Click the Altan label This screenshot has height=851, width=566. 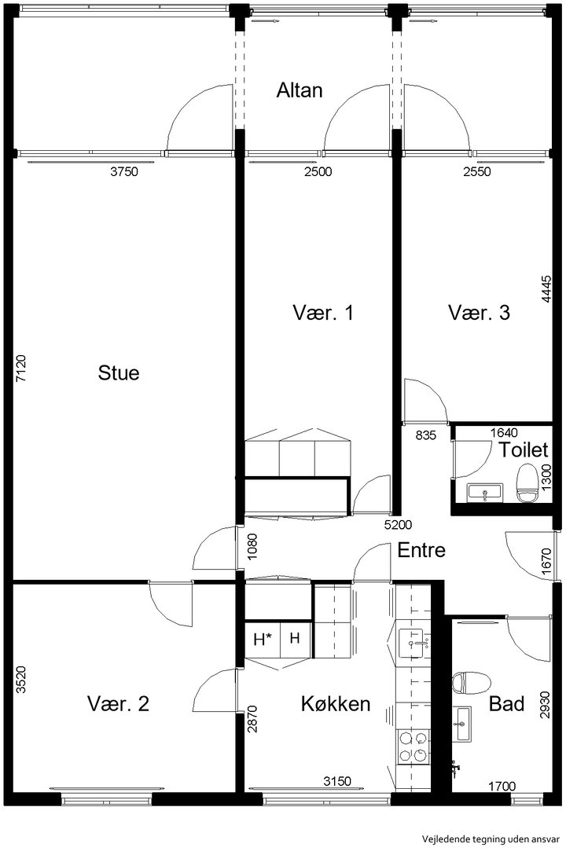[300, 90]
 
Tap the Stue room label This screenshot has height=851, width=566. [119, 373]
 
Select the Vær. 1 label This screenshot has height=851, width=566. [323, 313]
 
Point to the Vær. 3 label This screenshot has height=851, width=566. [479, 313]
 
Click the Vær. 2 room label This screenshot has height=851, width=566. [118, 704]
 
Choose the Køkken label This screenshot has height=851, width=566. [336, 704]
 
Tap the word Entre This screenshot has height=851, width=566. [421, 550]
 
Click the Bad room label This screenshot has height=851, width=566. [507, 704]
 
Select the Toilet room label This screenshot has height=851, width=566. [523, 450]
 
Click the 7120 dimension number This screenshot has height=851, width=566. [20, 369]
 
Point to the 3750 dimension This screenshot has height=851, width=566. [124, 172]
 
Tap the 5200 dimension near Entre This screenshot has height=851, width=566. [398, 525]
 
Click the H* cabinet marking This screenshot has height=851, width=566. [263, 640]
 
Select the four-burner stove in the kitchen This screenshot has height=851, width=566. [413, 746]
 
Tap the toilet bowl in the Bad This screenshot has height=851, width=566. [471, 683]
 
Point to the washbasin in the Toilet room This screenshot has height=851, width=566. [485, 492]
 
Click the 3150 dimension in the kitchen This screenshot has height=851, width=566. [337, 782]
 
